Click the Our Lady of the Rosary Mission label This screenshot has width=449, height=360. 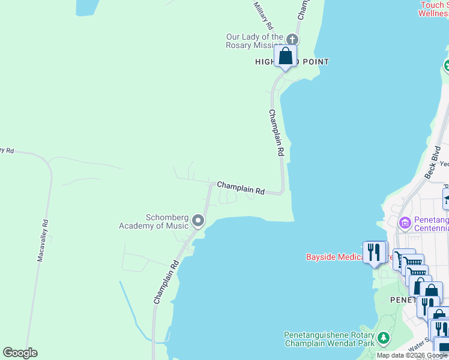(x=254, y=41)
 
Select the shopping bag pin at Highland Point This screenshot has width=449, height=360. (x=286, y=56)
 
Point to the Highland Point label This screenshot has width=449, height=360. (x=292, y=62)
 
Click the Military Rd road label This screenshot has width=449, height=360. (x=264, y=16)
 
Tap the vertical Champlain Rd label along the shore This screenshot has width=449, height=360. (x=276, y=133)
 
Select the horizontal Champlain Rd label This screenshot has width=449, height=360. (x=241, y=188)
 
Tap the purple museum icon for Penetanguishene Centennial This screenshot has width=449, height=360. (x=405, y=223)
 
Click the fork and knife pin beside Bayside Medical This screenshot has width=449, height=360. (x=374, y=252)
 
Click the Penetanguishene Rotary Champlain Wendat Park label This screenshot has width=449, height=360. (x=329, y=340)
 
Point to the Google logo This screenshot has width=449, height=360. (x=20, y=353)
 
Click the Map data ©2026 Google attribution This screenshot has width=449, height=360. (x=412, y=356)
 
